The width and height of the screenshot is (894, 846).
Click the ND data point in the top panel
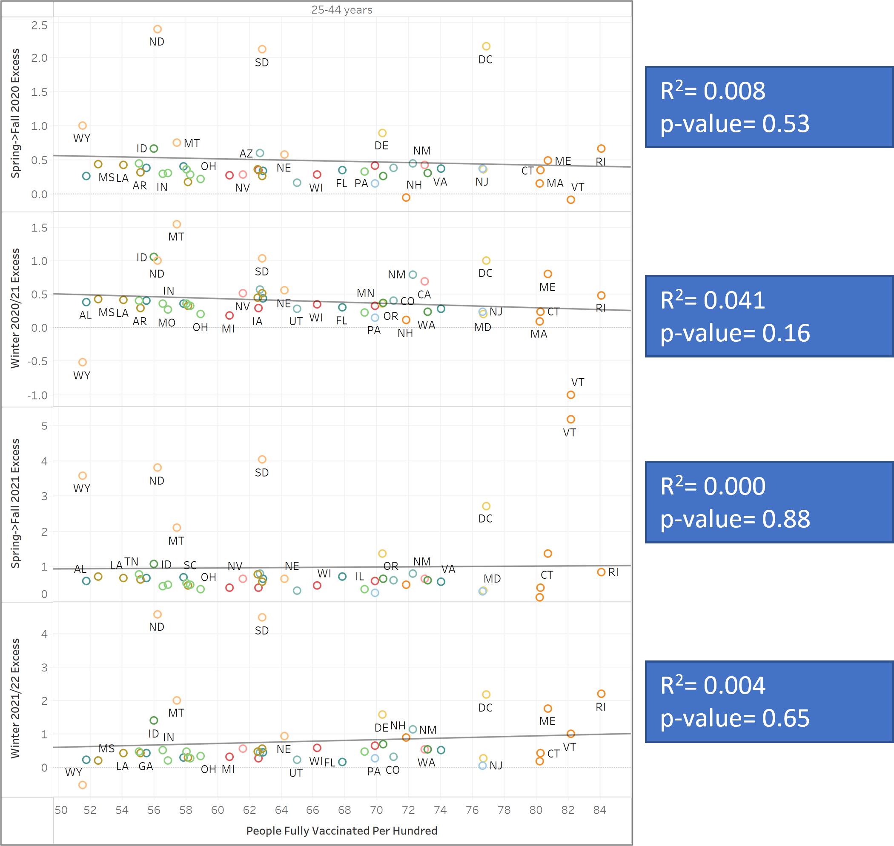(x=158, y=29)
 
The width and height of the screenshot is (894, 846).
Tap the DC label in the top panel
(x=485, y=60)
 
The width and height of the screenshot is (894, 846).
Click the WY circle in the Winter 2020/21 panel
(x=83, y=362)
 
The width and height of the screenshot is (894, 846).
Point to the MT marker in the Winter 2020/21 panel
(x=177, y=224)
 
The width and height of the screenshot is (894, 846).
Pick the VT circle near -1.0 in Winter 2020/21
(x=570, y=394)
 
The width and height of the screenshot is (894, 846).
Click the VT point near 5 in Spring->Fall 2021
(x=570, y=420)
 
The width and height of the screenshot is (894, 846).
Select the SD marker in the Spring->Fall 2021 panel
(x=262, y=459)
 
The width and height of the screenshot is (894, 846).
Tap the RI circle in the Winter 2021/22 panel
(x=601, y=694)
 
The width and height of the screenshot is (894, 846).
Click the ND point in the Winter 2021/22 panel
(x=158, y=614)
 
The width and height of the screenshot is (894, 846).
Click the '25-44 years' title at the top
(x=341, y=10)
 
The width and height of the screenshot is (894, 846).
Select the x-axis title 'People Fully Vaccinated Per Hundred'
(x=341, y=831)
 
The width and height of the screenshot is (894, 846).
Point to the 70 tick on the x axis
(x=376, y=810)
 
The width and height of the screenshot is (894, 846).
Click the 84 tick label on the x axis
(x=599, y=810)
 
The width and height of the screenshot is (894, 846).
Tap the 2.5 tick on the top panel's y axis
(x=39, y=25)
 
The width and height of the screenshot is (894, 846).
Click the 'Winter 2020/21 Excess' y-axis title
(x=15, y=308)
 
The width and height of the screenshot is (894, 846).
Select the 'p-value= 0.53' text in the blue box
(x=735, y=124)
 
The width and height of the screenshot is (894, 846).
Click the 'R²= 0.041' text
(x=713, y=300)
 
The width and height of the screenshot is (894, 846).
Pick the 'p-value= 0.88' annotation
(x=735, y=519)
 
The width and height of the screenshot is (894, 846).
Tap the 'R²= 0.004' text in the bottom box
(x=713, y=685)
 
